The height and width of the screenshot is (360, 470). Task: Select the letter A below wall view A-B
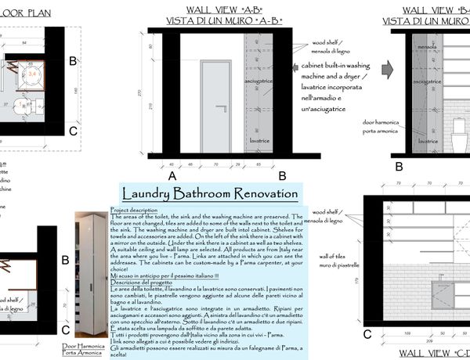tap(171, 177)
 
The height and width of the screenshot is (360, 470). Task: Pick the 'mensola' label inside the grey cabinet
tap(426, 46)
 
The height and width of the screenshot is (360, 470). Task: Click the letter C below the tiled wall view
tap(367, 334)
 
